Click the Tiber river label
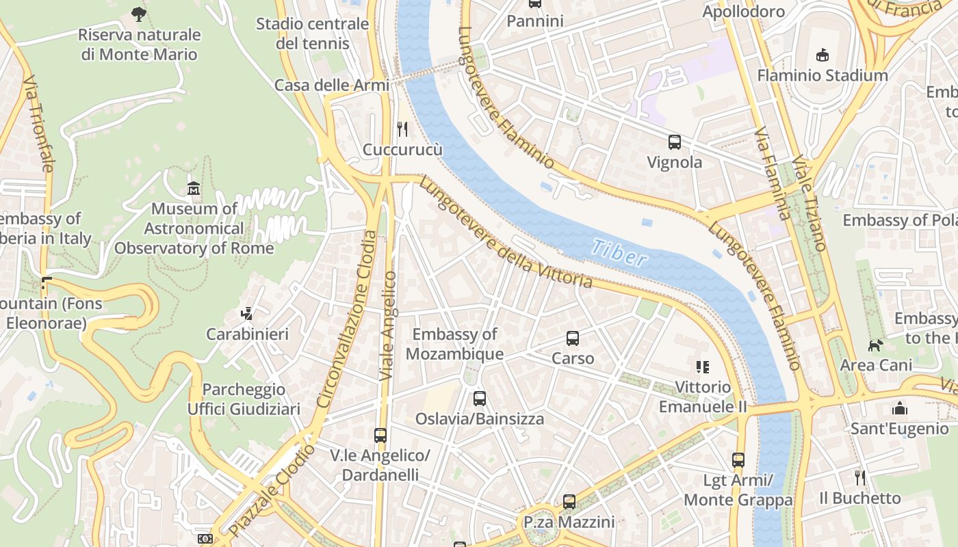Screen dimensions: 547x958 619,252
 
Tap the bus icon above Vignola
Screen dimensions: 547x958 675,142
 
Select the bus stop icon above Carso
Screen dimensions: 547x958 573,338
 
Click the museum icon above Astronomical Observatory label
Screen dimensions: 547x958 194,188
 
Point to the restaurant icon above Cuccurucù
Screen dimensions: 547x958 402,129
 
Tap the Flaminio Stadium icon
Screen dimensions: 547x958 822,55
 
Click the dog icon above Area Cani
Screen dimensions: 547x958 875,345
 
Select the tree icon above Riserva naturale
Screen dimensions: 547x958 139,13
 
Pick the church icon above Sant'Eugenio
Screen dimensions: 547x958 899,408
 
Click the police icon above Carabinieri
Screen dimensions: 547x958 247,314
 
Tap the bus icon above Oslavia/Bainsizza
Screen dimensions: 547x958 480,398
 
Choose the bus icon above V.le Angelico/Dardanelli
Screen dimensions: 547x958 380,435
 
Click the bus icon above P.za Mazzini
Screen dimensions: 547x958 569,502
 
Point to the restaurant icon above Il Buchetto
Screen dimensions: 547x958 860,477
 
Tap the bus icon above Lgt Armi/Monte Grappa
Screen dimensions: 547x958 738,460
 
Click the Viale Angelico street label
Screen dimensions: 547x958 388,325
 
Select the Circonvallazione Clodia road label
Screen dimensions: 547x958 346,319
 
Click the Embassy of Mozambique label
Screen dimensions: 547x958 454,344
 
